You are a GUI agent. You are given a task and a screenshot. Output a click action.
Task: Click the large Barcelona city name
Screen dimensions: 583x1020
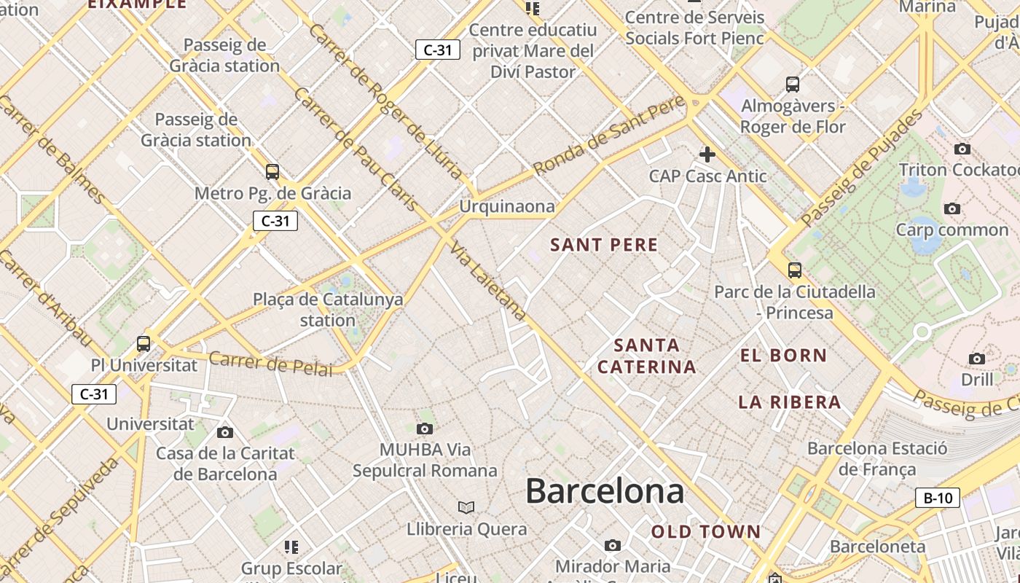coord(605,491)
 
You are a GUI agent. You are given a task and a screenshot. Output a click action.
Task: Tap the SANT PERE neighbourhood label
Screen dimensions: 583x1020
coord(604,245)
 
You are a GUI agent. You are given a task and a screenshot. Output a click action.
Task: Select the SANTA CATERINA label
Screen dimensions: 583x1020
coord(647,356)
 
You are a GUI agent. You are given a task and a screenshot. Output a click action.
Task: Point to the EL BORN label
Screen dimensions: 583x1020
coord(784,356)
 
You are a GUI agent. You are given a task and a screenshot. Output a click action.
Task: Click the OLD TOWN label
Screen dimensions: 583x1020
coord(706,532)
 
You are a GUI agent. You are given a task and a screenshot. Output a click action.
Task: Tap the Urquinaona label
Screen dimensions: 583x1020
coord(507,206)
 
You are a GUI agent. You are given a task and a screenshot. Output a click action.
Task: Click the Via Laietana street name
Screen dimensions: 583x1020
coord(488,281)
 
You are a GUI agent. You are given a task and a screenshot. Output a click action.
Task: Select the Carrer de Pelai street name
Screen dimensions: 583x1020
coord(270,363)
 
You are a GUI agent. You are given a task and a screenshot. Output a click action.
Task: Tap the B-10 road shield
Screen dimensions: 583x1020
coord(938,498)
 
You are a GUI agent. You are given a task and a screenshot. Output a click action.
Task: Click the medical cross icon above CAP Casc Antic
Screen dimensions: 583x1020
coord(707,154)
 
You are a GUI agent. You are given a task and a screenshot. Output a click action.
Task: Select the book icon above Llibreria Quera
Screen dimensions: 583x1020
coord(466,507)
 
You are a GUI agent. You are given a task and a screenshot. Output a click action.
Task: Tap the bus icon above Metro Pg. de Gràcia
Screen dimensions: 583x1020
coord(272,172)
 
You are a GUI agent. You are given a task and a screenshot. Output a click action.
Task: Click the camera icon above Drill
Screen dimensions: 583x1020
coord(977,359)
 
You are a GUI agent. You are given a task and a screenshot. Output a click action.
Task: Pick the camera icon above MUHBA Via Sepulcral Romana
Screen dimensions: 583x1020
coord(425,429)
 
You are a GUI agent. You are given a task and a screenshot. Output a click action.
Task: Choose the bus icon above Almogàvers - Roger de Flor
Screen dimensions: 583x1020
coord(793,85)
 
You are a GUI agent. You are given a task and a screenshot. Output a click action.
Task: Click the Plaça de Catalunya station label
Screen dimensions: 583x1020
coord(328,310)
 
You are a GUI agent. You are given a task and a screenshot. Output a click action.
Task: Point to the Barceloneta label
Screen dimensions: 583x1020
coord(877,547)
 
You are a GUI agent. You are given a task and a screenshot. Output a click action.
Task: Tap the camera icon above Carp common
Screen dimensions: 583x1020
coord(952,209)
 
